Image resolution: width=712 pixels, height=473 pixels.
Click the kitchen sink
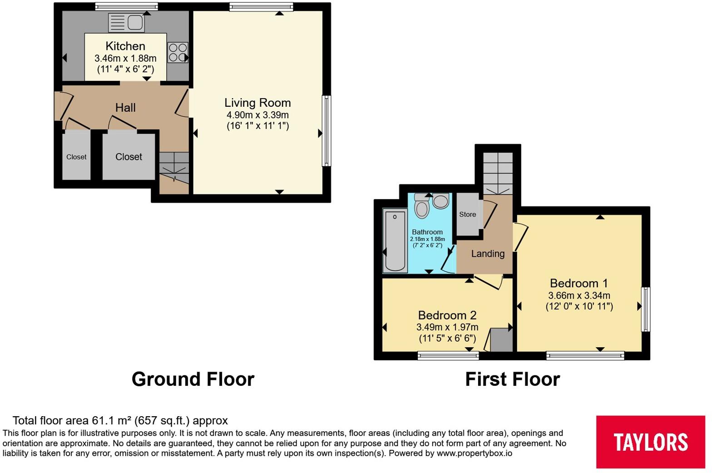126,23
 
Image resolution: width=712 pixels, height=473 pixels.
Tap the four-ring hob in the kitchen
178,53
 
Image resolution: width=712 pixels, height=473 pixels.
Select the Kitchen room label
125,46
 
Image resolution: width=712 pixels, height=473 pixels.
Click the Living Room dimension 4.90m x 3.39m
257,115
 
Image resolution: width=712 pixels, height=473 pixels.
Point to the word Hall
125,108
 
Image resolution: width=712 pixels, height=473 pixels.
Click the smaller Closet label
76,157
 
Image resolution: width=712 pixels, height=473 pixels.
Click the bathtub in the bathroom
395,240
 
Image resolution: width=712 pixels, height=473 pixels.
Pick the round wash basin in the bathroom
441,201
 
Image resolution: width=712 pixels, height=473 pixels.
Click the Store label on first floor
467,214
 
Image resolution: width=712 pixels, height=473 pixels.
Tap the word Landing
488,254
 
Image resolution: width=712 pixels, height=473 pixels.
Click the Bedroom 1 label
579,283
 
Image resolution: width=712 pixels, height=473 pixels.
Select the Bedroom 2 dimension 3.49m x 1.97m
447,327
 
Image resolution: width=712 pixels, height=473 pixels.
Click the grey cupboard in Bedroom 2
501,340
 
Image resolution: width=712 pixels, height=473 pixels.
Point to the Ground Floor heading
193,379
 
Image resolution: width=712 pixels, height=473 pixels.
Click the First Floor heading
512,379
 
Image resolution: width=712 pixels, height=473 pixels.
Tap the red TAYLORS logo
650,442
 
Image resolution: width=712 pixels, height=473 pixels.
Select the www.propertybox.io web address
474,453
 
